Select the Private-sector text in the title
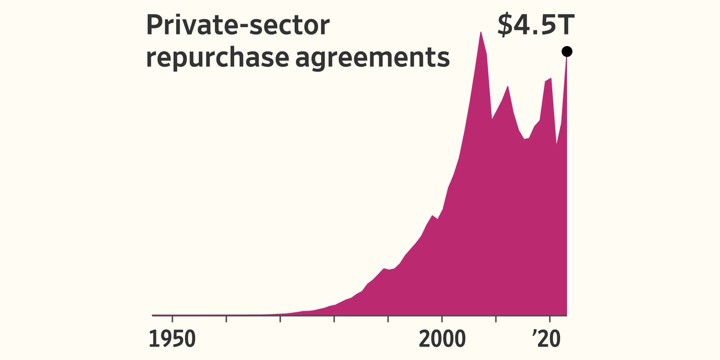[x=237, y=26]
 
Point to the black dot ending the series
[x=566, y=52]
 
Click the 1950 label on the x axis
[x=172, y=339]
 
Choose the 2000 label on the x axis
[x=442, y=339]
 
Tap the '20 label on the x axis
[x=550, y=339]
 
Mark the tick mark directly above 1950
[x=172, y=319]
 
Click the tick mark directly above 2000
[x=442, y=319]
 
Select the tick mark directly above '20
[x=550, y=319]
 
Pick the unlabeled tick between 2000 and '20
[x=496, y=319]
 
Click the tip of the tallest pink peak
[x=480, y=33]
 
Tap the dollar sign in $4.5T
[x=505, y=25]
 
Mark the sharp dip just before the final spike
[x=556, y=143]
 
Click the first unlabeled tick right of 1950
[x=226, y=319]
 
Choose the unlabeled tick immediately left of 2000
[x=388, y=319]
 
